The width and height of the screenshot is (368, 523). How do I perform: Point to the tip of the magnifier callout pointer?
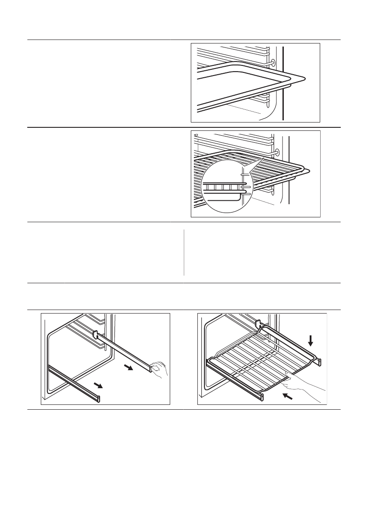263,158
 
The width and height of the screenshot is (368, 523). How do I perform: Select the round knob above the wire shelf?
276,152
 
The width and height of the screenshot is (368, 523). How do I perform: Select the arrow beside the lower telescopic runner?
100,386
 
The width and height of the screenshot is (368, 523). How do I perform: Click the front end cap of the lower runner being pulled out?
99,398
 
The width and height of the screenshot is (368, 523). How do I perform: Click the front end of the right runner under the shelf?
319,361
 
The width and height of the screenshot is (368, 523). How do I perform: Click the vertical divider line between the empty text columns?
184,252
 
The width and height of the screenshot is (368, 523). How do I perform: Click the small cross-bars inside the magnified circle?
224,187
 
